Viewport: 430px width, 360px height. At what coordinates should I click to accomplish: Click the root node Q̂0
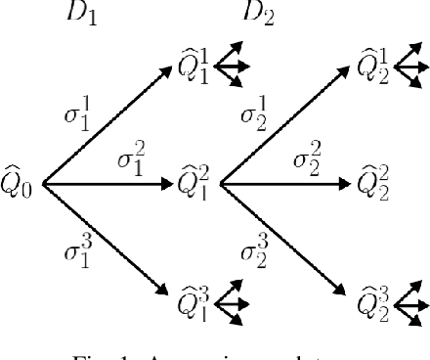coord(19,183)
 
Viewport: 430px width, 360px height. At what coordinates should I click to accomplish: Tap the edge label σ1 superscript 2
coord(129,157)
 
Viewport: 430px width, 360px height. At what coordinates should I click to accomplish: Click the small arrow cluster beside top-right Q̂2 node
coord(413,65)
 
